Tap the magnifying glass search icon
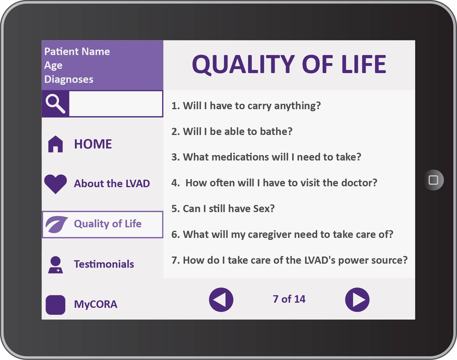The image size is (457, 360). click(55, 104)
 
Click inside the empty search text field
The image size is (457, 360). click(116, 104)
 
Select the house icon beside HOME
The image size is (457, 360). click(55, 144)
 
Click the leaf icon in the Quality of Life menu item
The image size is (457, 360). click(57, 225)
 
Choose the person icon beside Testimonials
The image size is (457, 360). click(56, 265)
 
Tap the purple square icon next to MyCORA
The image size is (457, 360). click(55, 305)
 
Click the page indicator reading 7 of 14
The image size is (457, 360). click(289, 299)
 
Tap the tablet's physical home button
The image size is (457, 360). click(433, 180)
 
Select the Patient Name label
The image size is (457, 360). click(77, 52)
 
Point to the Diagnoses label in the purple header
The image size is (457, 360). click(69, 79)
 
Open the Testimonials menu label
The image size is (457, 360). click(104, 264)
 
